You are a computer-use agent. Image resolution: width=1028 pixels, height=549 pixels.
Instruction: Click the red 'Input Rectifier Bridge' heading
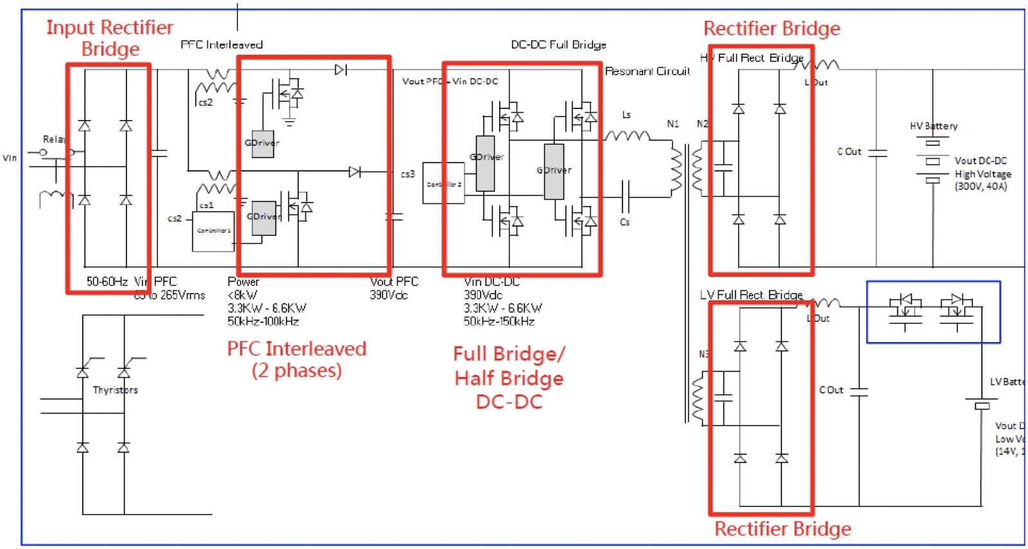pyautogui.click(x=109, y=38)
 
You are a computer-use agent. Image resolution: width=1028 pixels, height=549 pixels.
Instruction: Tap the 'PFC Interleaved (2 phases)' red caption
pyautogui.click(x=296, y=360)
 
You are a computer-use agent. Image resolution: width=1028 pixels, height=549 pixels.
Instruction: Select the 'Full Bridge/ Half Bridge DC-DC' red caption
pyautogui.click(x=509, y=378)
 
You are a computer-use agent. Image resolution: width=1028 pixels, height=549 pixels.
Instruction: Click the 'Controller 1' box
pyautogui.click(x=213, y=231)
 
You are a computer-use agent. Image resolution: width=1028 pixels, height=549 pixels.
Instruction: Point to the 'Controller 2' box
pyautogui.click(x=443, y=184)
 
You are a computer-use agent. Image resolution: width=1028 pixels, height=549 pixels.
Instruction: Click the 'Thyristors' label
pyautogui.click(x=115, y=390)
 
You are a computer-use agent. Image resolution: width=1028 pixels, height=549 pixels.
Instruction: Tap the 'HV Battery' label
pyautogui.click(x=934, y=126)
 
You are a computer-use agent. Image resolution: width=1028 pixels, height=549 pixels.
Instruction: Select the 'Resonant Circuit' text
pyautogui.click(x=648, y=71)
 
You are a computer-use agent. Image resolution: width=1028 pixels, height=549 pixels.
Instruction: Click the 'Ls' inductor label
pyautogui.click(x=626, y=115)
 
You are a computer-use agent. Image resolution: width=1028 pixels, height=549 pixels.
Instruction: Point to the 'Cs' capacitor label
pyautogui.click(x=625, y=222)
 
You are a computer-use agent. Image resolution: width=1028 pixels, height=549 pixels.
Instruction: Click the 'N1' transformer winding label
pyautogui.click(x=673, y=124)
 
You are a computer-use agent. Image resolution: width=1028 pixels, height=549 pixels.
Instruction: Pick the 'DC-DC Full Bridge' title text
pyautogui.click(x=558, y=45)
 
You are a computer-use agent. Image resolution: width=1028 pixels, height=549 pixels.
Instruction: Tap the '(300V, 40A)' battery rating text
pyautogui.click(x=980, y=187)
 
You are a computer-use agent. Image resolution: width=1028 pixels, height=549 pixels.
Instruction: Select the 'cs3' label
pyautogui.click(x=408, y=174)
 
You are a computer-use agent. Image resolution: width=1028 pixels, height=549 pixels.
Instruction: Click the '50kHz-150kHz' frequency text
pyautogui.click(x=499, y=322)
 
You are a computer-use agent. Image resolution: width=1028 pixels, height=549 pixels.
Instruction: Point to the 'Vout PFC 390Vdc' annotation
pyautogui.click(x=394, y=288)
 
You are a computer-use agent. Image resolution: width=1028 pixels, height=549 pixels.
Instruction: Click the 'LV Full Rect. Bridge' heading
pyautogui.click(x=751, y=295)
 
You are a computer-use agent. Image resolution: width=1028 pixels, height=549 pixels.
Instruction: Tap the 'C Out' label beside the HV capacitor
pyautogui.click(x=849, y=152)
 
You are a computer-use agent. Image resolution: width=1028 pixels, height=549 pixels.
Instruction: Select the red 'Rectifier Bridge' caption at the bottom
pyautogui.click(x=783, y=528)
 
